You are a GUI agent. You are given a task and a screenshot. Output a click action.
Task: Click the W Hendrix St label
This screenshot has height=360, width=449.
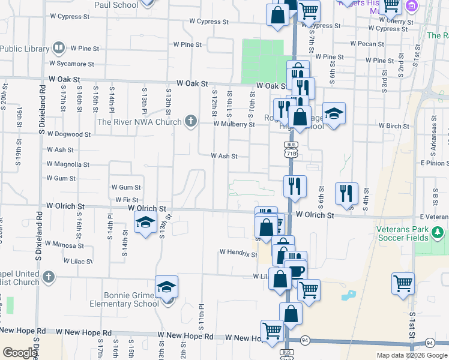tap(238, 253)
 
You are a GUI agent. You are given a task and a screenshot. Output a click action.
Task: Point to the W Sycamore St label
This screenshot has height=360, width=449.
tap(73, 63)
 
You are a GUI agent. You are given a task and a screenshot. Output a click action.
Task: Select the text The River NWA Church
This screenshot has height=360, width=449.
tap(139, 122)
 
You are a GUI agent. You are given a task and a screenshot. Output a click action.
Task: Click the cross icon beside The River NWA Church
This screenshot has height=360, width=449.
tap(191, 122)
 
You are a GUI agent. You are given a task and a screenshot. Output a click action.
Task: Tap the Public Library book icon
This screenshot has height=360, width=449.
tap(59, 47)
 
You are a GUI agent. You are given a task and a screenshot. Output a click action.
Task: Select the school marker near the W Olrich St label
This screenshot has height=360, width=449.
tap(145, 222)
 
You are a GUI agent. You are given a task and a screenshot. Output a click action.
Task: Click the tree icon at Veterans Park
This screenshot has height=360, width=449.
tap(438, 232)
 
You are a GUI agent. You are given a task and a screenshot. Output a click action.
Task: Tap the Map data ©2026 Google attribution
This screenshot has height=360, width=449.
tap(411, 356)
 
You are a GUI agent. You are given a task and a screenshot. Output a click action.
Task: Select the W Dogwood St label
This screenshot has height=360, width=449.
tap(68, 134)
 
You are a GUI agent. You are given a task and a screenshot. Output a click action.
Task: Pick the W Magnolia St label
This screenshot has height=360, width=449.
tap(67, 164)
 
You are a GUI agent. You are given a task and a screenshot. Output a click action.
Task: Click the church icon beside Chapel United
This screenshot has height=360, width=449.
tap(49, 278)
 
